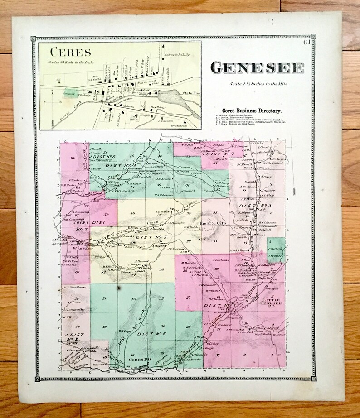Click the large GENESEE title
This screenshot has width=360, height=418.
tap(257, 67)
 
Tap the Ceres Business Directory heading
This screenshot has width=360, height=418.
tap(252, 110)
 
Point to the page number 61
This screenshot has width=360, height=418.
tap(307, 43)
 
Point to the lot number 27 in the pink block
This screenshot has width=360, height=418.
tap(188, 298)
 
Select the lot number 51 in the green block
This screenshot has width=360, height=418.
tap(104, 298)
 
